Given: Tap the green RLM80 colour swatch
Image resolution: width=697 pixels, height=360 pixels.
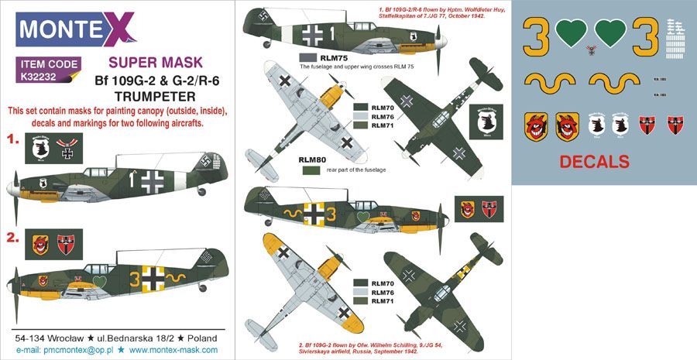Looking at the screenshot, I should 311,170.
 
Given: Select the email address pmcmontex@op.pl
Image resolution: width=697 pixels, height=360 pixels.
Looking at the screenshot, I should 81,350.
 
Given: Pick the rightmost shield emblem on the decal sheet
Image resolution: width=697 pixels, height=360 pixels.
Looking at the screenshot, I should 675,125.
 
